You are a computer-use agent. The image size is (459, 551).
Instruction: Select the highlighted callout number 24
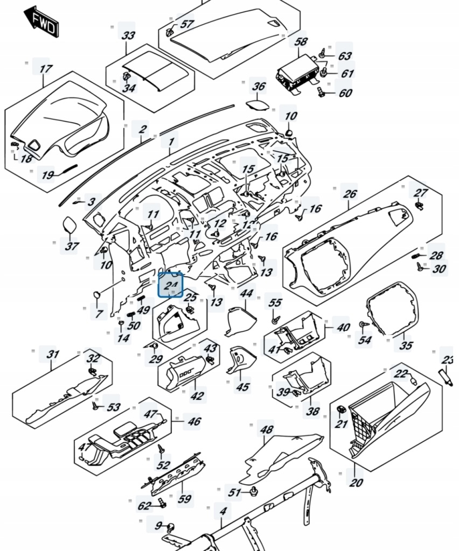click(x=171, y=285)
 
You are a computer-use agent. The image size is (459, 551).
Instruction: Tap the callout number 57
click(x=186, y=24)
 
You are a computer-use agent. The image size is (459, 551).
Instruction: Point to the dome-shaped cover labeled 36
click(x=258, y=103)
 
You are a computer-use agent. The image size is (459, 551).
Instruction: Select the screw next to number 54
click(x=363, y=326)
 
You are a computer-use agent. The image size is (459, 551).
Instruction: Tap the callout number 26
click(x=350, y=194)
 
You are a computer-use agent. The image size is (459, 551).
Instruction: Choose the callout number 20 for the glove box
click(x=356, y=482)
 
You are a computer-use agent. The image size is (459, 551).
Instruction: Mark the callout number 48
click(x=266, y=430)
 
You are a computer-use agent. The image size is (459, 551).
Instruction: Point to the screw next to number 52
click(x=160, y=448)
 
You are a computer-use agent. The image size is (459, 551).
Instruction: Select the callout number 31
click(x=52, y=355)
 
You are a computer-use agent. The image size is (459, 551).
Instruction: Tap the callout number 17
click(x=46, y=69)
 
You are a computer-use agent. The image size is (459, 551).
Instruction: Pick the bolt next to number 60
click(x=321, y=92)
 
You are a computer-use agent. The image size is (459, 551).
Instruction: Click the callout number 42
click(x=197, y=396)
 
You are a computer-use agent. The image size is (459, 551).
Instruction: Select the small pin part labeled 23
click(x=445, y=376)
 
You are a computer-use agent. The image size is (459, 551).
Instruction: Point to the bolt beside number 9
click(x=171, y=526)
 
